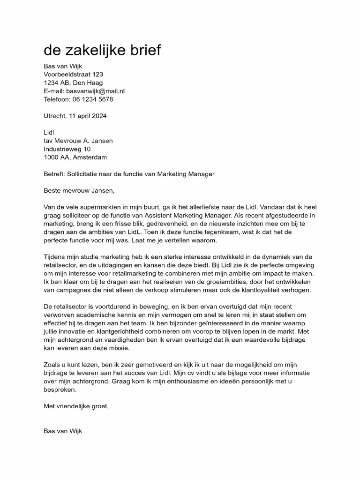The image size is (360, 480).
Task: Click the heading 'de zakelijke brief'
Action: (102, 50)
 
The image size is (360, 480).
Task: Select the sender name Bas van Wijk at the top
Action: (63, 66)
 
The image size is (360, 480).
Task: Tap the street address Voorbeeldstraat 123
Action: (73, 75)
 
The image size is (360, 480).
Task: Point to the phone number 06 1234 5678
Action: (92, 99)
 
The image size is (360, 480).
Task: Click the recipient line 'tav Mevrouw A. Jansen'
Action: (78, 141)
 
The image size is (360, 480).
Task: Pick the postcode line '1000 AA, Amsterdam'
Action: (75, 157)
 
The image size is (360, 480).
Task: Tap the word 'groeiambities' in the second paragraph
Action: (209, 282)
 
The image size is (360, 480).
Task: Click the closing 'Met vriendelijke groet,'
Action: (76, 406)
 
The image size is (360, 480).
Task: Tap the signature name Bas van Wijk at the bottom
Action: (63, 431)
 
